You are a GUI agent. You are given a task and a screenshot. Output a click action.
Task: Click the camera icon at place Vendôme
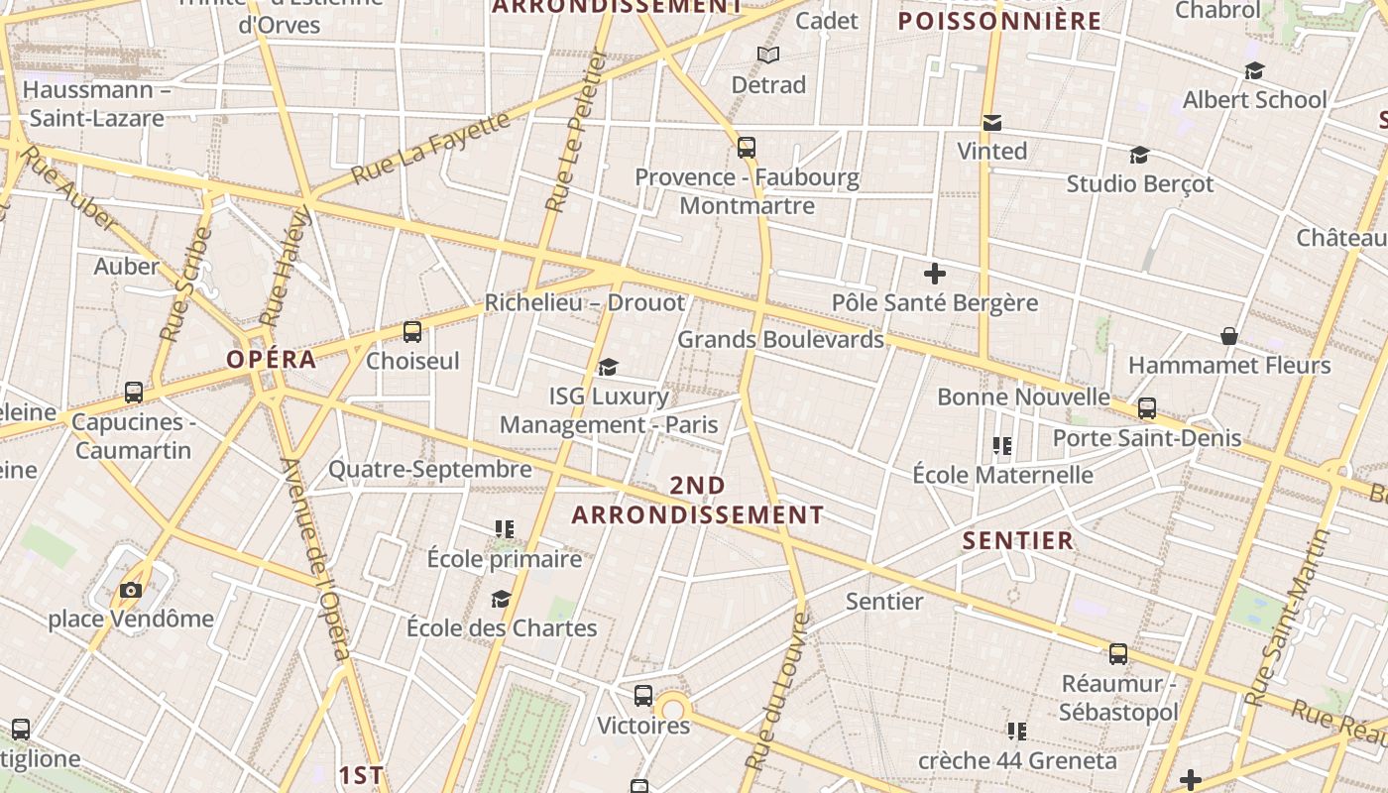(x=130, y=591)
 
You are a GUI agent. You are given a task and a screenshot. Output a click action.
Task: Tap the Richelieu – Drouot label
(x=585, y=302)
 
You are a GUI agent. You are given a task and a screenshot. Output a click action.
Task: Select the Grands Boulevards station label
(x=780, y=339)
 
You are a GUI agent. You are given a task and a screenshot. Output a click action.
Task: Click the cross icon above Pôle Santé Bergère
(x=934, y=274)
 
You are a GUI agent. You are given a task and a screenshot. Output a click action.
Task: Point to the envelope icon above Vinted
(x=991, y=123)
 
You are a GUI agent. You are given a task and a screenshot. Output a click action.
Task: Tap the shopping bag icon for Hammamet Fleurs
(x=1229, y=336)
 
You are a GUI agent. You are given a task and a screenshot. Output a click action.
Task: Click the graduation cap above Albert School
(x=1254, y=71)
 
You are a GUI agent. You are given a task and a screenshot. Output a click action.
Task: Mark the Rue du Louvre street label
(x=776, y=692)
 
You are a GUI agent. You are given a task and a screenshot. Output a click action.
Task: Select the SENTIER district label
(x=1018, y=540)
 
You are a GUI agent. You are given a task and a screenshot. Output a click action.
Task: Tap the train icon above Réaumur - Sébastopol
(x=1118, y=654)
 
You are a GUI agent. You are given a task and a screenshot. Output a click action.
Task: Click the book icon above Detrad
(x=768, y=55)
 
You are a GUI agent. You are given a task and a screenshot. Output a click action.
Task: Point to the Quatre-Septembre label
(x=430, y=469)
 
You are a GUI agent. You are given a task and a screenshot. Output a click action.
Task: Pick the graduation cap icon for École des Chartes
(x=501, y=599)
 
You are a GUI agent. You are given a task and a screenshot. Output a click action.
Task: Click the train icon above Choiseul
(x=412, y=332)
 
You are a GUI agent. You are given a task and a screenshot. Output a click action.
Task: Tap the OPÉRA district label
(x=272, y=359)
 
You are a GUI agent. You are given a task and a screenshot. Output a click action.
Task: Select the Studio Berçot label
(x=1139, y=183)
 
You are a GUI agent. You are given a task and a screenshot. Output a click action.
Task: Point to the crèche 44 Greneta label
(x=1017, y=760)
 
